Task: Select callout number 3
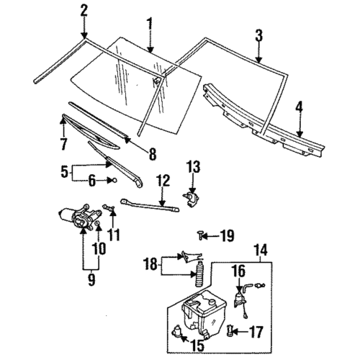[x=258, y=35]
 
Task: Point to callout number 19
[x=227, y=235]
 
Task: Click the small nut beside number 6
[x=113, y=181]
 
